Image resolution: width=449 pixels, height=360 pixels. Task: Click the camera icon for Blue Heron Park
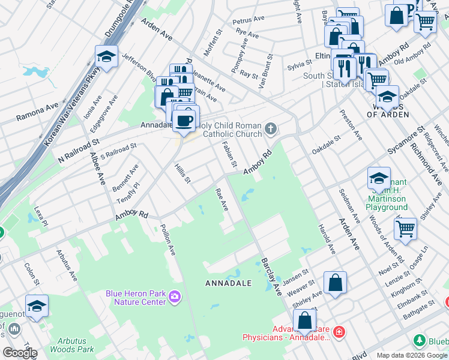click(175, 296)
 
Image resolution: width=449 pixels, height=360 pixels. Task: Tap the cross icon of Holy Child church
click(271, 128)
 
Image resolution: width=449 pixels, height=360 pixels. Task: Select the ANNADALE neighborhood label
click(228, 282)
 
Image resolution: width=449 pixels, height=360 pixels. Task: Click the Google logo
click(20, 353)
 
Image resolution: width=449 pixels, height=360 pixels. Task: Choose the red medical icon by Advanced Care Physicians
click(339, 331)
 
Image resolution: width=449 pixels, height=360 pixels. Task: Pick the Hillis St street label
click(182, 173)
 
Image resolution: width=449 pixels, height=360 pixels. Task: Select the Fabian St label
click(230, 155)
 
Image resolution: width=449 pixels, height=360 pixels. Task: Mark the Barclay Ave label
click(271, 277)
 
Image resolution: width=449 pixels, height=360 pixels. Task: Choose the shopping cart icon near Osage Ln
click(406, 228)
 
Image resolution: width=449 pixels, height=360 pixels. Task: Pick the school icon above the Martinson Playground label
click(379, 178)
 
